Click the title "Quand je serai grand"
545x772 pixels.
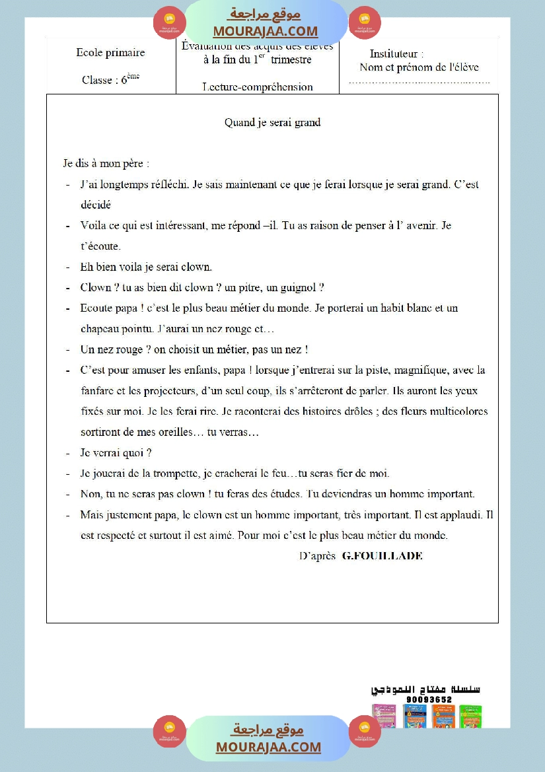(x=272, y=122)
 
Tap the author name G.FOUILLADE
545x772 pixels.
(x=382, y=555)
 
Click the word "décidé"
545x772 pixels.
(x=96, y=205)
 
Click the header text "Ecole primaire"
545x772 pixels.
(x=110, y=53)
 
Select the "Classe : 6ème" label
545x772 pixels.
(x=110, y=79)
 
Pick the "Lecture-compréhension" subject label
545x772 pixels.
(x=258, y=87)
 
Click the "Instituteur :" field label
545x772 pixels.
(x=396, y=53)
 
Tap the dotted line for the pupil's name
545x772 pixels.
(x=419, y=83)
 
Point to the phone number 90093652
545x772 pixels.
(x=429, y=699)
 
